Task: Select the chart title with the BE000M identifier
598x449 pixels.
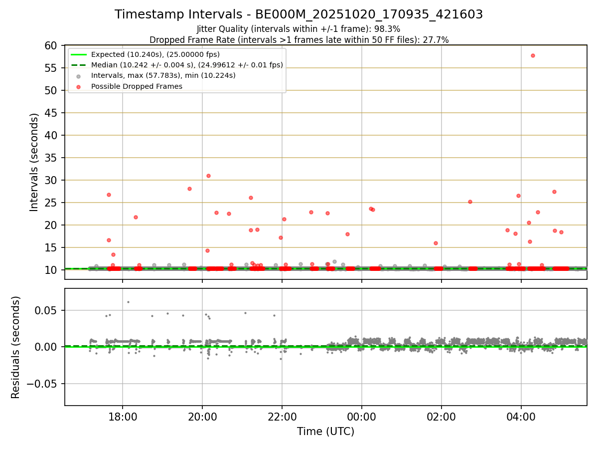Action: coord(299,14)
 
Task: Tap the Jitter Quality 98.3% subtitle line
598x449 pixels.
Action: coord(299,29)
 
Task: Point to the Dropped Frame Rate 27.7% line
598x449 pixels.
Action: coord(299,40)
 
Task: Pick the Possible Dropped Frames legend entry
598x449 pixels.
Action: coord(137,86)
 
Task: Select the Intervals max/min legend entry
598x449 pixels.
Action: coord(163,75)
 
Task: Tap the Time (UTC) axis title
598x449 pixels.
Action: coord(325,432)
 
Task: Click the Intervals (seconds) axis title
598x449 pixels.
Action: coord(34,162)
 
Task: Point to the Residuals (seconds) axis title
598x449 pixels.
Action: coord(15,347)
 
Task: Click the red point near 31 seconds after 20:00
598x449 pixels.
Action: coord(208,176)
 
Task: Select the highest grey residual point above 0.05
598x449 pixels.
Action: coord(128,302)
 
